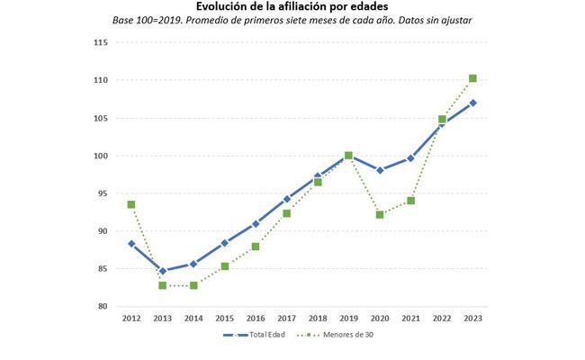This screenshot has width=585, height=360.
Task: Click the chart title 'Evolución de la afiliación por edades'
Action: (292, 7)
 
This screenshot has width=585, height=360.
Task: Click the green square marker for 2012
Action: (131, 205)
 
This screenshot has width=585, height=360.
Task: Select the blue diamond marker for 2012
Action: (131, 244)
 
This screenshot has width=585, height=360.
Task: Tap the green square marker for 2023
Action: (472, 78)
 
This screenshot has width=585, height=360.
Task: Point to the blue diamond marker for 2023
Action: (472, 103)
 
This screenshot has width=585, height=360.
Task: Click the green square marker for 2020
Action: (380, 215)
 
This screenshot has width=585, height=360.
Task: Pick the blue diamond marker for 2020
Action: (380, 170)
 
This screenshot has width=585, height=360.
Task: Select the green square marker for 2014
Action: (193, 285)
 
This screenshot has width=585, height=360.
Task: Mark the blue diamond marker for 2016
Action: (256, 223)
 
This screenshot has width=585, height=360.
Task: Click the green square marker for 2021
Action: (410, 201)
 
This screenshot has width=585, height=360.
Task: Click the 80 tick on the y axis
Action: (102, 307)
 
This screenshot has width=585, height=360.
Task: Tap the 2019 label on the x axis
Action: (348, 318)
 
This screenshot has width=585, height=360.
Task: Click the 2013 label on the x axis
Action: (162, 318)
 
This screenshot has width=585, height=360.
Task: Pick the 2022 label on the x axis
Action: (442, 318)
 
